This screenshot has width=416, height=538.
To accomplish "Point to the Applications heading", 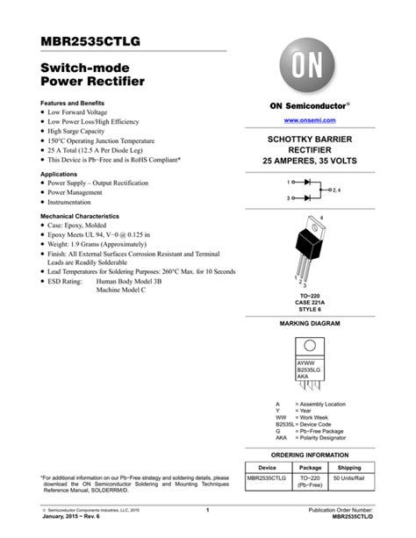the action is pyautogui.click(x=65, y=174).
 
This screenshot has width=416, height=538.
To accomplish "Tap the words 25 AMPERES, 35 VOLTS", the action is pyautogui.click(x=311, y=162).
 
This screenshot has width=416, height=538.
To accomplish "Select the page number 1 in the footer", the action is pyautogui.click(x=208, y=509).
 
